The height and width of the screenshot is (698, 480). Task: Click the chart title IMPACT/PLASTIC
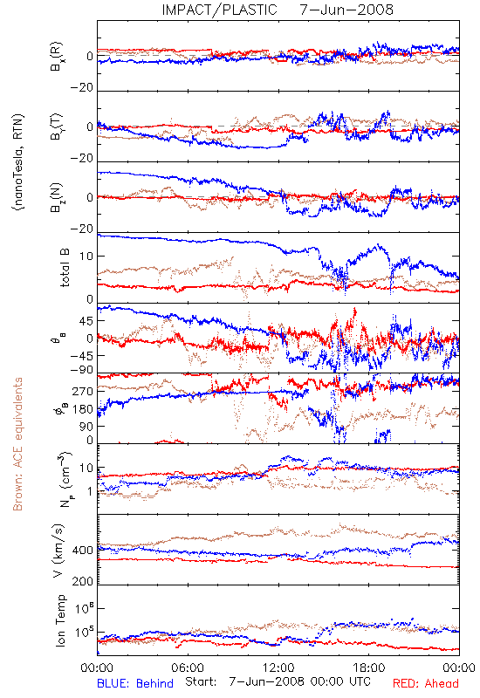(220, 10)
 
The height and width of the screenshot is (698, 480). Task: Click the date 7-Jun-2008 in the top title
(346, 10)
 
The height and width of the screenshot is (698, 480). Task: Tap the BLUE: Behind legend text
(135, 683)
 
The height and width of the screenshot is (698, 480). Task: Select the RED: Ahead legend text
(426, 683)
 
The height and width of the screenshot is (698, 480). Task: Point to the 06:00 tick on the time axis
(188, 667)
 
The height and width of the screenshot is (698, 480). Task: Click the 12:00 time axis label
(278, 667)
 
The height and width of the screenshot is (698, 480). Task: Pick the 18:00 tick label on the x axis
(369, 667)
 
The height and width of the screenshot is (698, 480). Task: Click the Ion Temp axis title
(60, 620)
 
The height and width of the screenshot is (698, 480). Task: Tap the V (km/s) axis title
(59, 551)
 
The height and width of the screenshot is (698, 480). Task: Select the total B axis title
(65, 268)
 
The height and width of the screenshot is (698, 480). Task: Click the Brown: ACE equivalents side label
(17, 444)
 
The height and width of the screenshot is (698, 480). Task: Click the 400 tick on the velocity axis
(82, 551)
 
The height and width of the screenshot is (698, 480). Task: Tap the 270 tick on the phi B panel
(82, 391)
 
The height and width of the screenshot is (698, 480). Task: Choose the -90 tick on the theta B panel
(82, 369)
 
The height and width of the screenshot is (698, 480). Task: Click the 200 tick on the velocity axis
(82, 581)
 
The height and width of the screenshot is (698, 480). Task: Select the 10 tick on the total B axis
(86, 257)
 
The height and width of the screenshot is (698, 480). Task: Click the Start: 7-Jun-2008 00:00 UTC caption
(278, 681)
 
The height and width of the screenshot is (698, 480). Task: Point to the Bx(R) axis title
(57, 56)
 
